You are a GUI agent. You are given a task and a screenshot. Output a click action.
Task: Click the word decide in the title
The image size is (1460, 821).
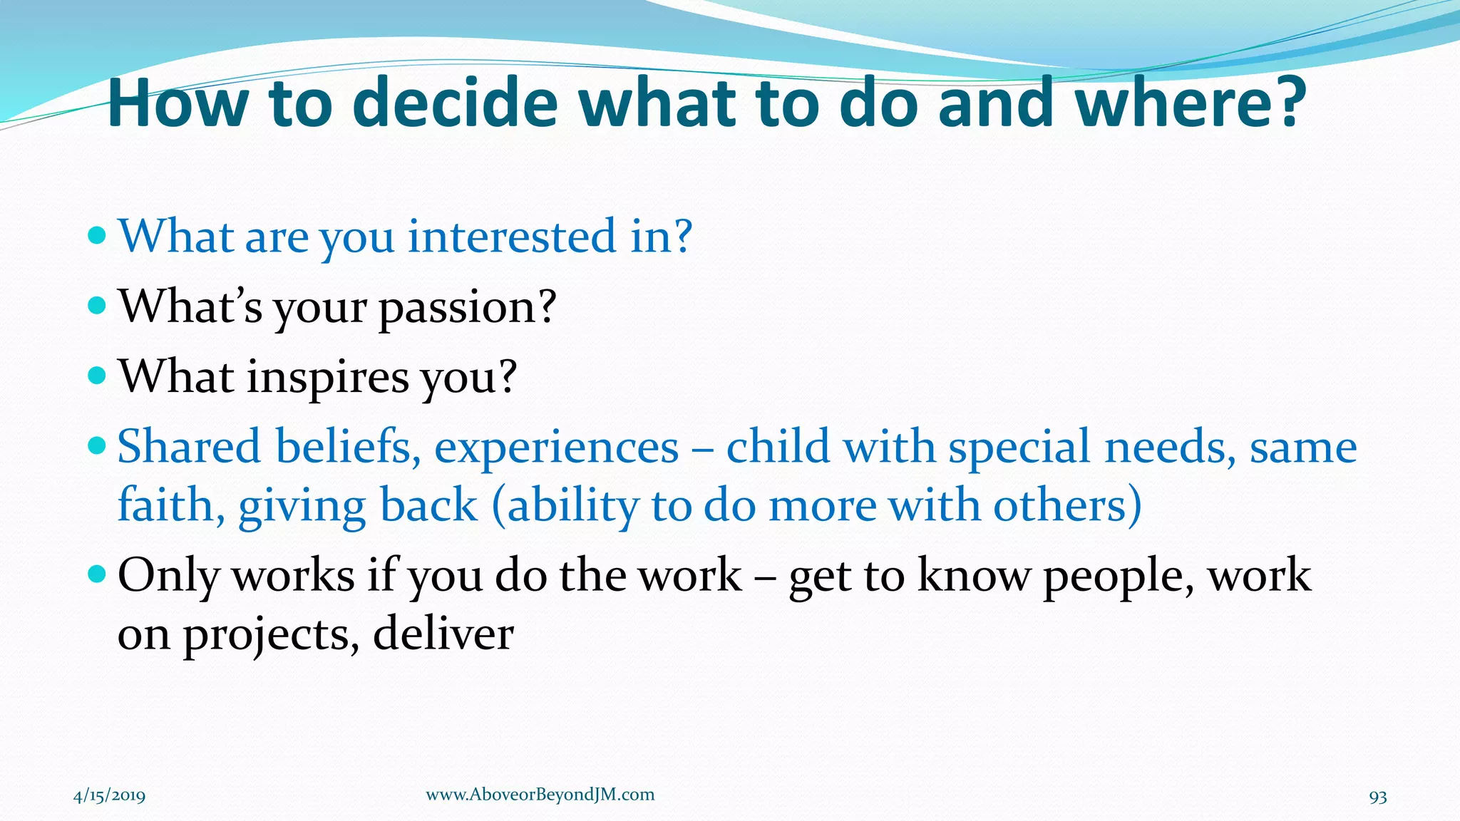[x=455, y=103]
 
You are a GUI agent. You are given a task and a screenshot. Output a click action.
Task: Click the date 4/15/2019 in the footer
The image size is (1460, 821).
[x=109, y=795]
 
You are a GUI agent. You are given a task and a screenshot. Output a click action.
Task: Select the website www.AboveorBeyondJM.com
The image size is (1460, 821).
[x=540, y=795]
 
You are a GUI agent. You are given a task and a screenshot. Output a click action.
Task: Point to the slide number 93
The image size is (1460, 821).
[x=1377, y=797]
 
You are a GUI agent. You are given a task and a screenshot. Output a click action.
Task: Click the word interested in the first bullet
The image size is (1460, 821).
[x=511, y=237]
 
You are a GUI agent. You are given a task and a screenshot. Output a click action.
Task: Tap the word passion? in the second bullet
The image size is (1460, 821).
[x=467, y=308]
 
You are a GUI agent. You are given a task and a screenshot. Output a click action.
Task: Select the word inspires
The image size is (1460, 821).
[x=329, y=377]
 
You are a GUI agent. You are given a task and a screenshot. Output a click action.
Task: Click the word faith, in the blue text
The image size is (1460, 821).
[x=171, y=506]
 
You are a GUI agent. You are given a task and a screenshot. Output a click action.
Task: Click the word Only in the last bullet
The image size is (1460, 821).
[x=168, y=576]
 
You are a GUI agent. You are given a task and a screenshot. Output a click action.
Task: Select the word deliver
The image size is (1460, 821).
[x=443, y=634]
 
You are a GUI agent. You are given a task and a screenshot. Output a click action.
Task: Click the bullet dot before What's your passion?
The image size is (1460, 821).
[x=97, y=306]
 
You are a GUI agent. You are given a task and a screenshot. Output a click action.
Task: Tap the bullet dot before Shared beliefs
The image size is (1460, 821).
[x=97, y=447]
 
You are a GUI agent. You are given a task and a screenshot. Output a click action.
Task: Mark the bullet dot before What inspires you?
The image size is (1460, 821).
[x=97, y=376]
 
